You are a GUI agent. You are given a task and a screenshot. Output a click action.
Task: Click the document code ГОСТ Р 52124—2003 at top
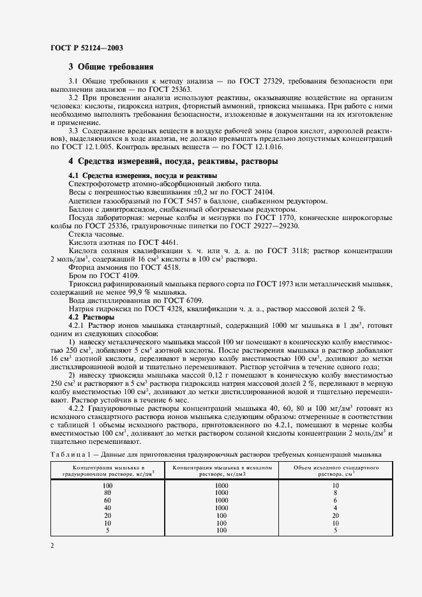tap(86, 48)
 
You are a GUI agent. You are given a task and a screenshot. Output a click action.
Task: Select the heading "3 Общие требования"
tap(110, 67)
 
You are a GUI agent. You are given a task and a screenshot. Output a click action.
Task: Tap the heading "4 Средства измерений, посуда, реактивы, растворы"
tap(172, 161)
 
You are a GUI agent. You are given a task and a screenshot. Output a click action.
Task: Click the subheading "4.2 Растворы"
tap(91, 317)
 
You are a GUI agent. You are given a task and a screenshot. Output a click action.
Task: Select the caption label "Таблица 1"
tap(68, 454)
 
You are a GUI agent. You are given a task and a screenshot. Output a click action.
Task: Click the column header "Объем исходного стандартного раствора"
tap(335, 471)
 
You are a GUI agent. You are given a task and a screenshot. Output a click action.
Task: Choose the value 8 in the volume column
tap(335, 492)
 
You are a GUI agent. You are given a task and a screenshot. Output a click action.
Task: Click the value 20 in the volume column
tap(335, 515)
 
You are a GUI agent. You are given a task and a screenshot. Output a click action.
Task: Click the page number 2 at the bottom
tap(52, 546)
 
